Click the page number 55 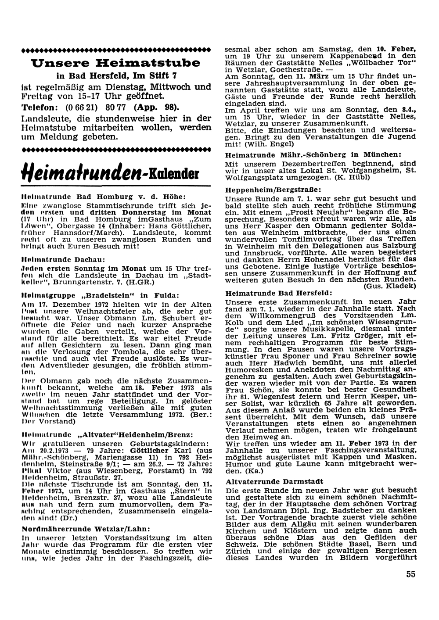pos(410,573)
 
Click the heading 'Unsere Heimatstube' pos(116,62)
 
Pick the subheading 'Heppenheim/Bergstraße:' pos(273,190)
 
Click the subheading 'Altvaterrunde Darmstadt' pos(274,481)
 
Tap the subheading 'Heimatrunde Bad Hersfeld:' pos(279,292)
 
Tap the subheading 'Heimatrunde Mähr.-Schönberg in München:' pos(313,154)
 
